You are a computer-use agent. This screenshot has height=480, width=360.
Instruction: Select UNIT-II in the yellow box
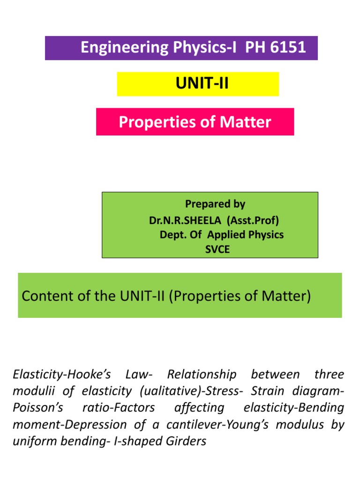(202, 84)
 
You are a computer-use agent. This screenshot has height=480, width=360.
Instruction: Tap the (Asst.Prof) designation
(258, 219)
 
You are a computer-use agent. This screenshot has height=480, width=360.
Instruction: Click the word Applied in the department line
(230, 234)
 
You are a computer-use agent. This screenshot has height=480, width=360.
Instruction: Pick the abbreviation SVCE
(217, 249)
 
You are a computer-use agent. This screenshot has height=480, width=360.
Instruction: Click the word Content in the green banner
(46, 297)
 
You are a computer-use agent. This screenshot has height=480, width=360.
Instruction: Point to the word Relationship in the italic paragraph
(202, 375)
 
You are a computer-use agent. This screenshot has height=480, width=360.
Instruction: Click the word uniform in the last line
(32, 442)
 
